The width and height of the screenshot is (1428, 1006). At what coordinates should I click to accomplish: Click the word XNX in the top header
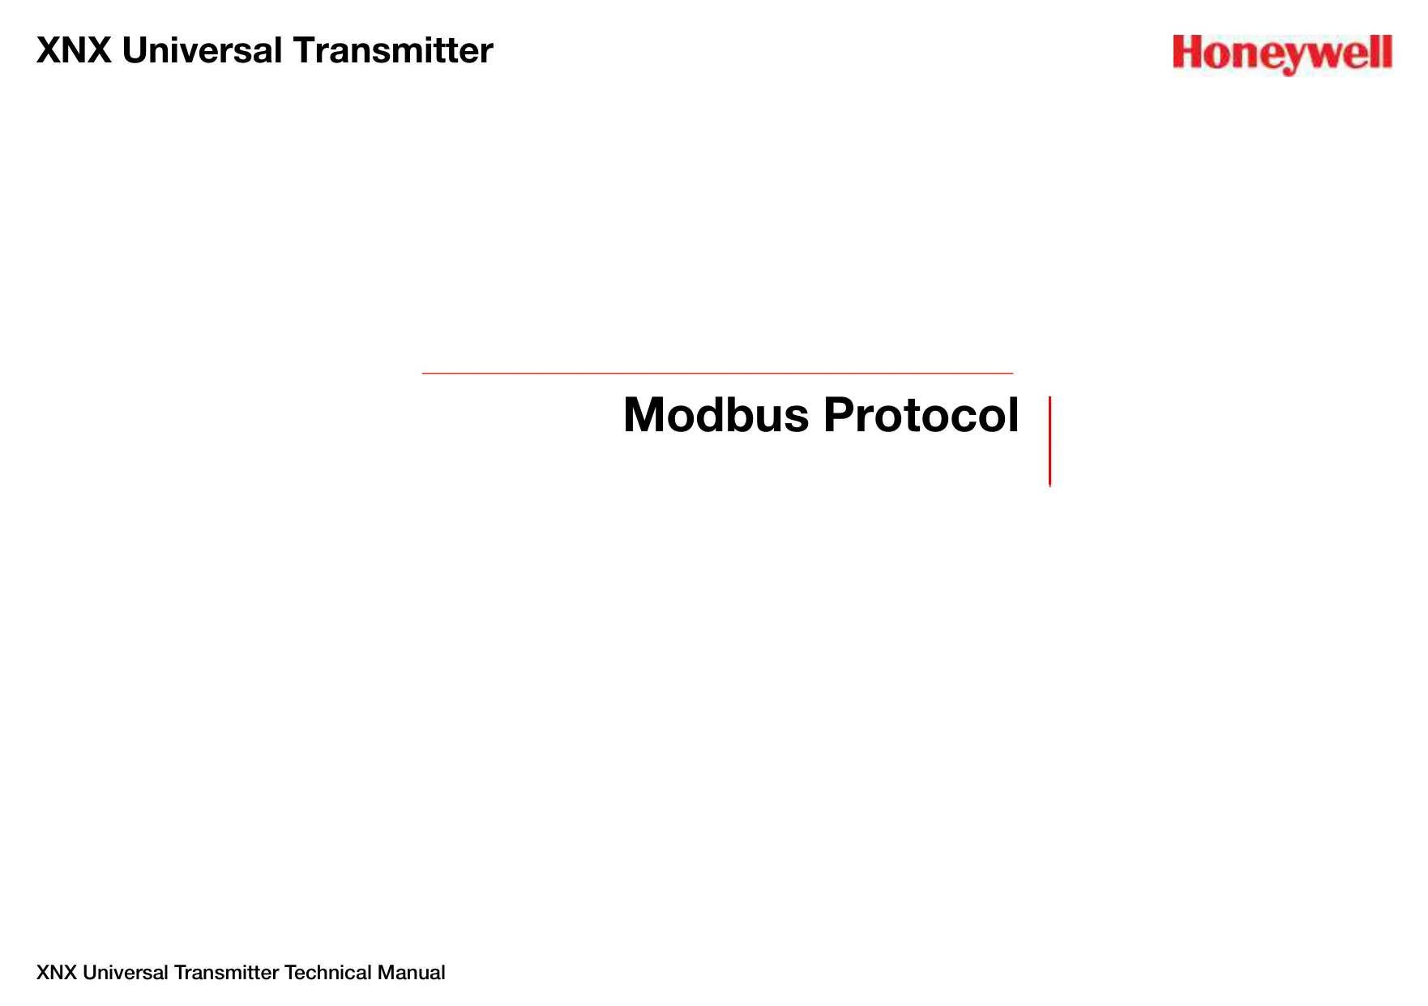pos(74,50)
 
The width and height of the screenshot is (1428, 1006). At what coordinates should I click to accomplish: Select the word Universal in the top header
pos(202,50)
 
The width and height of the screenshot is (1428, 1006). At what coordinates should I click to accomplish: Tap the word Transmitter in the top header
pos(393,50)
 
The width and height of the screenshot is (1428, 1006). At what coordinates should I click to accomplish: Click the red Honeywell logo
pos(1282,54)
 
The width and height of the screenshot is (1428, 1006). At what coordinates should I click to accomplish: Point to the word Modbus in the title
pos(716,415)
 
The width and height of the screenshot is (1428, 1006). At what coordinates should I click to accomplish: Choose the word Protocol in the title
pos(921,415)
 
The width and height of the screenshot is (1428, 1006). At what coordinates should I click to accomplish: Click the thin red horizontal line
pos(717,373)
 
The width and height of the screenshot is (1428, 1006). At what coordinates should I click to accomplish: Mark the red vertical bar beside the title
pos(1050,441)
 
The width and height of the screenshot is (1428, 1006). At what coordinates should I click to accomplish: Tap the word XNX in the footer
pos(57,973)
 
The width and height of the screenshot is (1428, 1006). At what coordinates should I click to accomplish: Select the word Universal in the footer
pos(126,973)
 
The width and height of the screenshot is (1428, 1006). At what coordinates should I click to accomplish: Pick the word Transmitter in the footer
pos(227,973)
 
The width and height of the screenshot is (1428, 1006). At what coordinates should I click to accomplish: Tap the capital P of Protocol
pos(839,415)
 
